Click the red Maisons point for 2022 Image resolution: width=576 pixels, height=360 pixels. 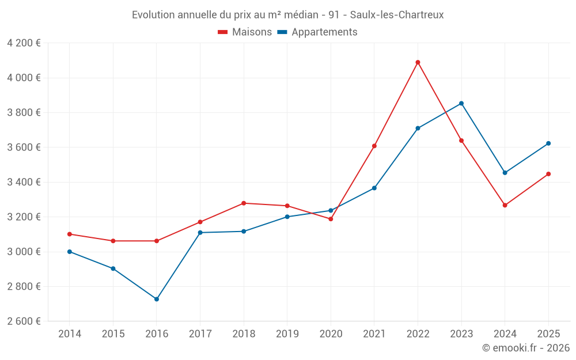pos(418,62)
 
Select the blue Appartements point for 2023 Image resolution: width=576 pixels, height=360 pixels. pos(461,104)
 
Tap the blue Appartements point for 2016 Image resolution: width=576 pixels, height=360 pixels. pos(157,299)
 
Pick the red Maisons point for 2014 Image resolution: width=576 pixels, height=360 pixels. pos(70,234)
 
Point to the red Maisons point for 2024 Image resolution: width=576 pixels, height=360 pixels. pos(505,205)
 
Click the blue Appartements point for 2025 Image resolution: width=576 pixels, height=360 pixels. pos(548,143)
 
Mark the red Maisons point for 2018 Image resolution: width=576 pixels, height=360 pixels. pos(244,203)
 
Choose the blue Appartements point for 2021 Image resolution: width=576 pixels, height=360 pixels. pos(374,188)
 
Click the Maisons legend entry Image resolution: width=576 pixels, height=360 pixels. pos(245,32)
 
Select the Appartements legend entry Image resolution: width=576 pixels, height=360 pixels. pos(317,32)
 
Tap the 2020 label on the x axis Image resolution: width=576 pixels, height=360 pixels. pos(331,334)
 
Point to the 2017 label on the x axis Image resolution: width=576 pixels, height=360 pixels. pos(200,334)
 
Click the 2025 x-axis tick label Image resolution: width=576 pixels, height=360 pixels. pos(548,334)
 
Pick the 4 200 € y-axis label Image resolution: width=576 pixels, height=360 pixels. pos(24,43)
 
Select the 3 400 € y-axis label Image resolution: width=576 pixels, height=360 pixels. pos(24,182)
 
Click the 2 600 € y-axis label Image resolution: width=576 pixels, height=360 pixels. pos(24,321)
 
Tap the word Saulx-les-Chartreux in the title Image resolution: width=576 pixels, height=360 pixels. pos(397,15)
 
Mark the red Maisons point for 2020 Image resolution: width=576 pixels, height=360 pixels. pos(331,219)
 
